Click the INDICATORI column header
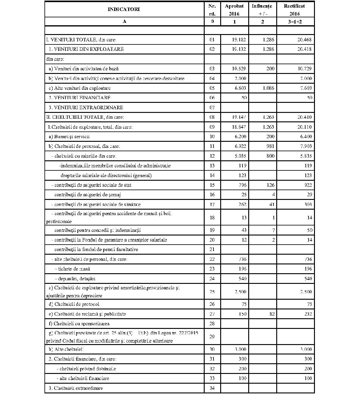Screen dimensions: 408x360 pos(124,9)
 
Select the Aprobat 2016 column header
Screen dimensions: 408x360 pos(234,9)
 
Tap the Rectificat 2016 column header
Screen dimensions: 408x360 pos(294,9)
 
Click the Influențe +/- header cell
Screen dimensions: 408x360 pos(262,9)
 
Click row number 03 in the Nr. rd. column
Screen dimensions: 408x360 pos(212,69)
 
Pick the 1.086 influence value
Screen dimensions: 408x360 pos(268,88)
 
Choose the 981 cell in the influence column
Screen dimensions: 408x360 pos(270,146)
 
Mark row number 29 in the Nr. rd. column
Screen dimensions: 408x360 pos(212,337)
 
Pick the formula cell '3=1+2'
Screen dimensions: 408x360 pos(295,22)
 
